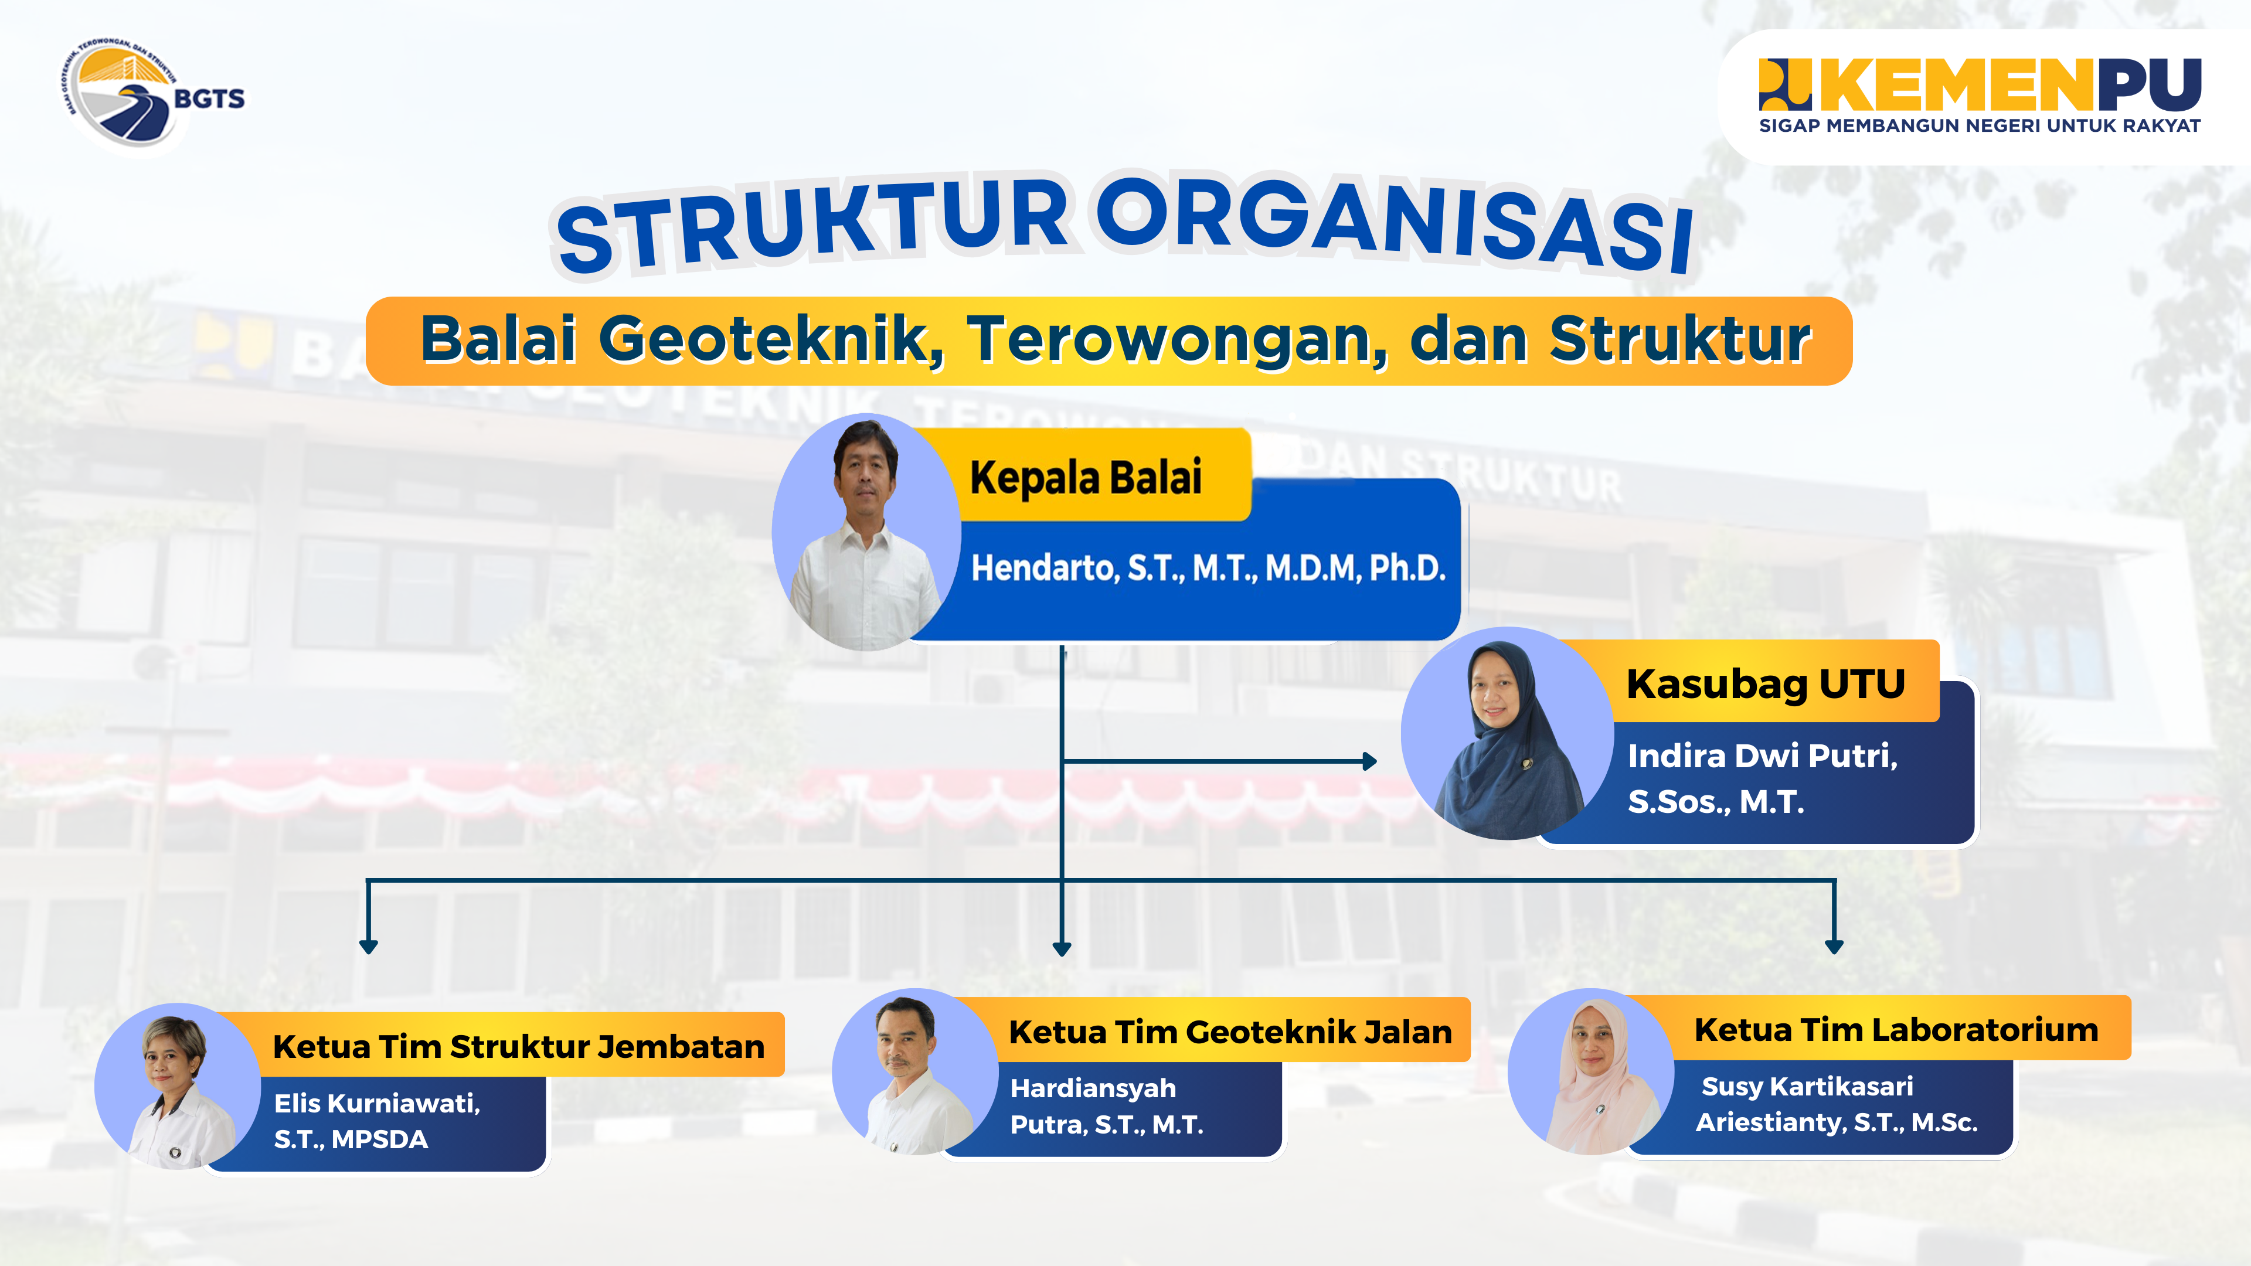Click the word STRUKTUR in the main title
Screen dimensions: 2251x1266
tap(812, 224)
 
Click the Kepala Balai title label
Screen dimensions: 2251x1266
tap(1086, 477)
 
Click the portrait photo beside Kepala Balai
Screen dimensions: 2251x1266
tap(866, 532)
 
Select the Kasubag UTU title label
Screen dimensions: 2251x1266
tap(1765, 683)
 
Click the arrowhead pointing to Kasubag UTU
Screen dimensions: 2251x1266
tap(1370, 761)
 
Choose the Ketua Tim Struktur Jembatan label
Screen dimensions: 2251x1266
tap(518, 1046)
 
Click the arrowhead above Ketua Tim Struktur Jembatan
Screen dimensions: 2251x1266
tap(369, 946)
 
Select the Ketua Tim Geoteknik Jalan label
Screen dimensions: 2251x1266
tap(1230, 1032)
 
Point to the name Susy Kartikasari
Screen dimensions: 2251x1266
tap(1807, 1086)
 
